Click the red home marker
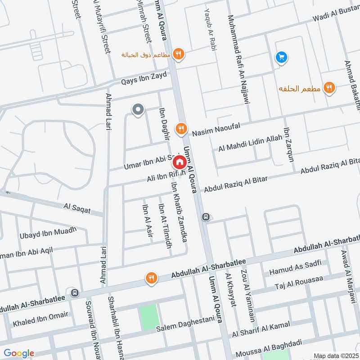(179, 162)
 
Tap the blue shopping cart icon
(282, 57)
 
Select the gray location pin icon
(138, 109)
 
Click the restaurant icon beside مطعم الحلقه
(329, 88)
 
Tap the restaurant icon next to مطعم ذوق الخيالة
(179, 54)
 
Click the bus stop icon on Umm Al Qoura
(206, 217)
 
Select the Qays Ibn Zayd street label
(144, 78)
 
